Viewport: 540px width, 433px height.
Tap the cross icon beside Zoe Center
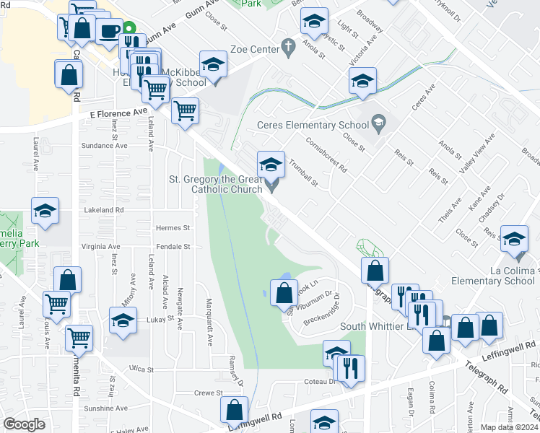(289, 48)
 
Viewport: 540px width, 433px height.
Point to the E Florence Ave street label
(118, 113)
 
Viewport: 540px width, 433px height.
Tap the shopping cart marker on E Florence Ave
(186, 110)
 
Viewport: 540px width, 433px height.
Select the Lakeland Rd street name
(104, 210)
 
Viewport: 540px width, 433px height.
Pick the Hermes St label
(173, 227)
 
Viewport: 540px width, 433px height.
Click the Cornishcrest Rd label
(326, 154)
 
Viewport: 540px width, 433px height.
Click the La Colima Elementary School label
(493, 275)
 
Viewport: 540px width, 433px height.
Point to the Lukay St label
(154, 318)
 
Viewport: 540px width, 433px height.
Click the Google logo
(24, 424)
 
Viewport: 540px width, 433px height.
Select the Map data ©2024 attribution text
(509, 427)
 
